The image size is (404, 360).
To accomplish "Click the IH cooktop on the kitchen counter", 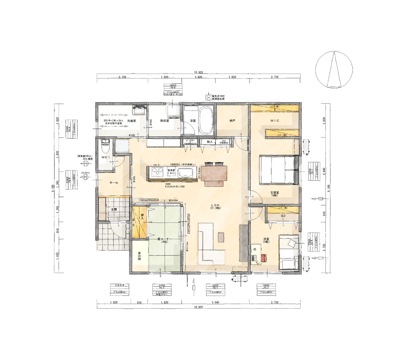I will point(157,173).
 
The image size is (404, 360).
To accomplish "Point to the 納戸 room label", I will point(232,121).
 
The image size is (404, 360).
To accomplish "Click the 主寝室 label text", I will point(274,192).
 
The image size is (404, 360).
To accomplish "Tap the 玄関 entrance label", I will point(114,209).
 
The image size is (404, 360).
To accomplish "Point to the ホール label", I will point(114,183).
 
